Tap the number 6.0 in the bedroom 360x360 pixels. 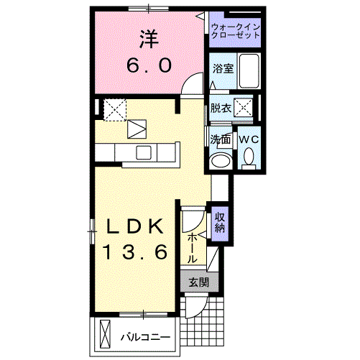point(149,65)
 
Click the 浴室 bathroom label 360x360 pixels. point(222,70)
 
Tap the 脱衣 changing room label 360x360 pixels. point(220,109)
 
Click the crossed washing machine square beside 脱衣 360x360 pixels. point(245,109)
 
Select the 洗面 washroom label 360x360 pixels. point(220,138)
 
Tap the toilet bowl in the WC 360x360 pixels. point(249,156)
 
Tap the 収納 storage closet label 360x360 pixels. point(220,221)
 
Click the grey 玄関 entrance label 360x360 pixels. point(198,282)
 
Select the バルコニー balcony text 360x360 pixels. point(144,336)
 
